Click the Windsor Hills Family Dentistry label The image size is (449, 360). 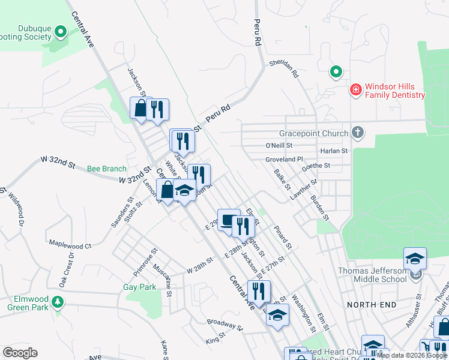coord(394,91)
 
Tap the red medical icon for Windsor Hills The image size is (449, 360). coord(355,90)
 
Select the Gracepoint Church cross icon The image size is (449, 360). coord(358,133)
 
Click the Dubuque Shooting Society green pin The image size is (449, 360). coord(60,31)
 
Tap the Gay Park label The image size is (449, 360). coord(139,287)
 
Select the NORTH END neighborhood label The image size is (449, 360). coord(372,305)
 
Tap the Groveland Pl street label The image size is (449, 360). coord(285,160)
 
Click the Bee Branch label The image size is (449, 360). coord(107,169)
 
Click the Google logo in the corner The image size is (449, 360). coord(20,353)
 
